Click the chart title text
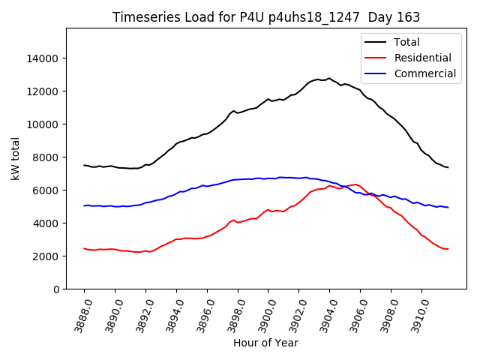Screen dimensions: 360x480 tap(265, 17)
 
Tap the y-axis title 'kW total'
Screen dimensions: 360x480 tap(16, 158)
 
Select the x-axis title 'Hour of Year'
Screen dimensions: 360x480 tap(265, 343)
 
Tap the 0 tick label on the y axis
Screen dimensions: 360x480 tap(55, 289)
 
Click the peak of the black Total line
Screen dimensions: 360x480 tap(329, 78)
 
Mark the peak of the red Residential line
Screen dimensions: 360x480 tap(355, 184)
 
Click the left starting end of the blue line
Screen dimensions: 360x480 tap(84, 205)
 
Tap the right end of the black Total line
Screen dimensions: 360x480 tap(448, 167)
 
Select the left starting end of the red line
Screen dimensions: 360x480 tap(84, 248)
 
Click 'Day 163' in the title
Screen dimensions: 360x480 tap(394, 17)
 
